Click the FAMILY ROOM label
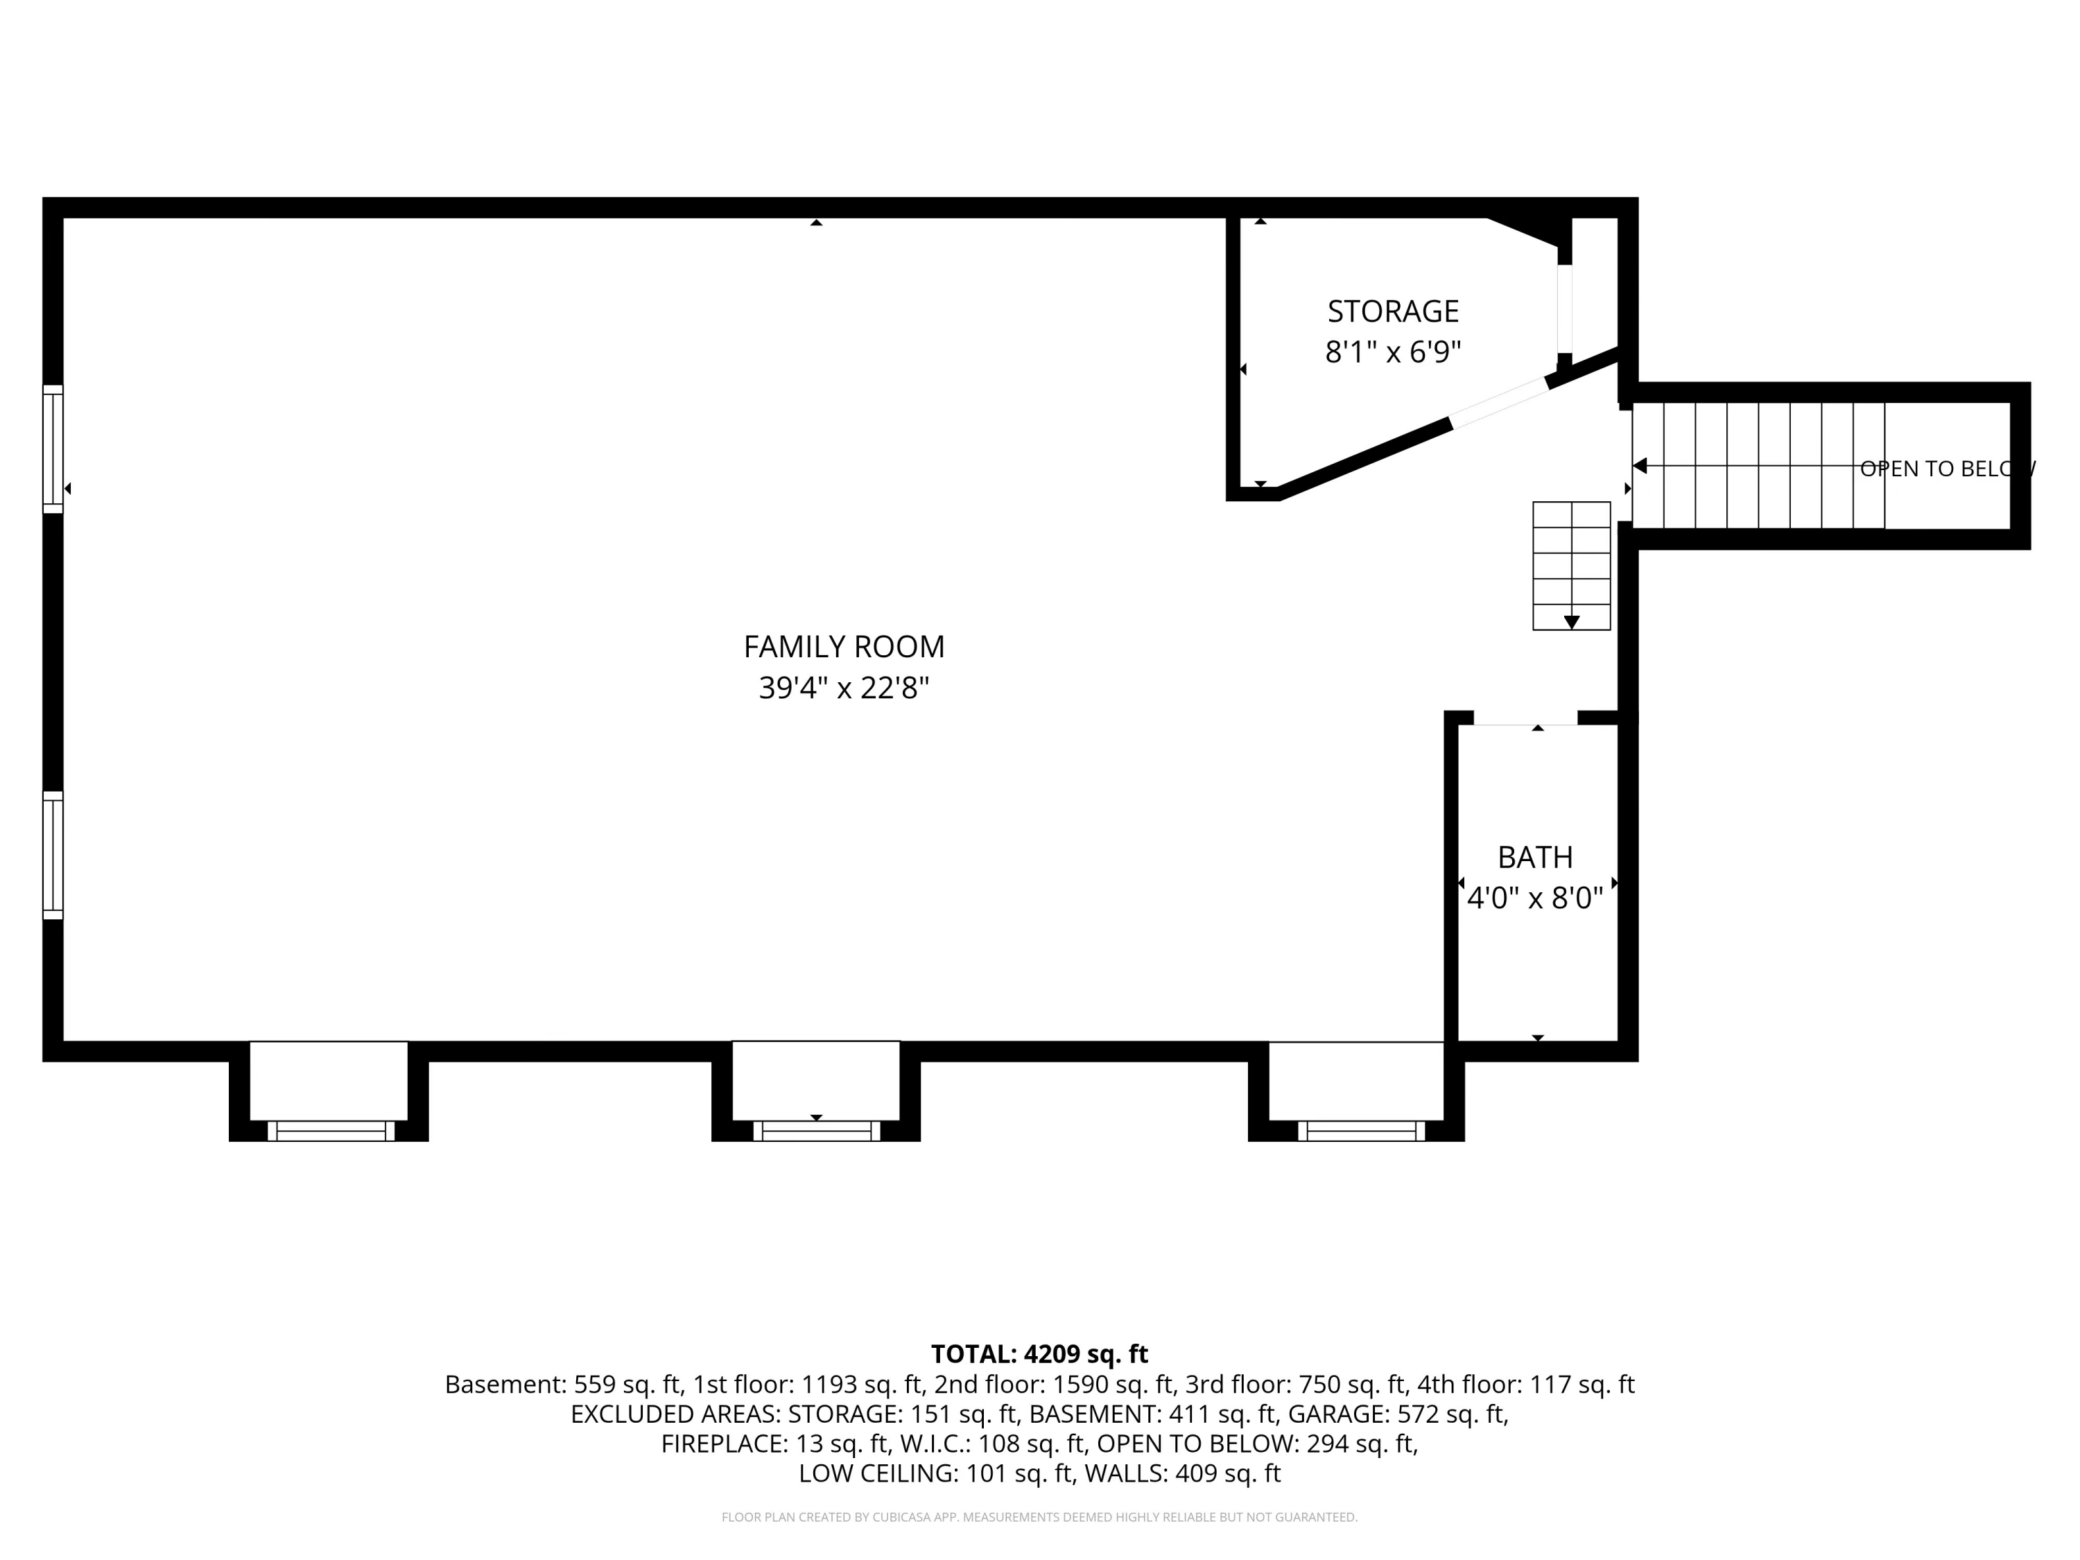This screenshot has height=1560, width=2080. pos(844,647)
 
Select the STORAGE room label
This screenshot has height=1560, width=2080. pos(1393,311)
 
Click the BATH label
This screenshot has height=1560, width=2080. pos(1534,858)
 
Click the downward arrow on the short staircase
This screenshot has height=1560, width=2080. pos(1571,621)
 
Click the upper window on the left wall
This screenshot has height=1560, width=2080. pos(53,449)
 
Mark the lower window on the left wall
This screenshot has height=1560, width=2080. pos(53,856)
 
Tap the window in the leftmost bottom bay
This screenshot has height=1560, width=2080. pos(331,1132)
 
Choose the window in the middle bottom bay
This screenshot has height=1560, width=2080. pos(816,1132)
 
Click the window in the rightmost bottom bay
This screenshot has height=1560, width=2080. pos(1362,1132)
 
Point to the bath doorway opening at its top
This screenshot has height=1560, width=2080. pos(1525,720)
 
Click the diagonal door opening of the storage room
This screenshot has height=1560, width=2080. pos(1499,402)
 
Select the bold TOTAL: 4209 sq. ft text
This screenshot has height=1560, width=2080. pos(1039,1354)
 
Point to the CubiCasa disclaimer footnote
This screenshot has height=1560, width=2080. pos(1039,1517)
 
